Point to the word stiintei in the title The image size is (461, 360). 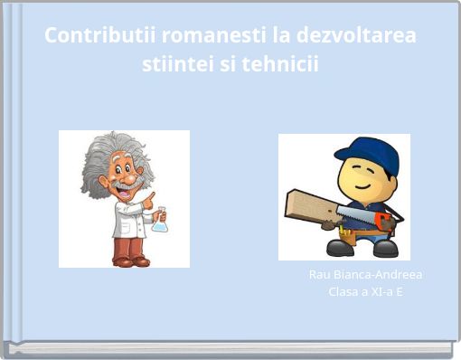click(174, 66)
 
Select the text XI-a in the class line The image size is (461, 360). click(378, 291)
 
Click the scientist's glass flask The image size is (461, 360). click(159, 220)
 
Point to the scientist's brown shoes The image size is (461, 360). click(130, 261)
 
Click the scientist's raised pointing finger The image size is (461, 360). click(150, 196)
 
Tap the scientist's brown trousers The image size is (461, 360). click(130, 245)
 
